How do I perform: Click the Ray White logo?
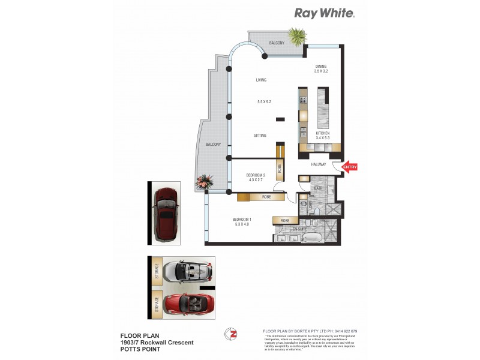(324, 13)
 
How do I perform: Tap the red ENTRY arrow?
(349, 169)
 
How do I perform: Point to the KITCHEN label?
(323, 133)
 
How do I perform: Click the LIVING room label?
(261, 80)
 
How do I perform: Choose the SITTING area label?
(260, 136)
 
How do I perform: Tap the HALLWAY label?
(318, 164)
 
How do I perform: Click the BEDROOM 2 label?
(256, 175)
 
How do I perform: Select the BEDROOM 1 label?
(242, 220)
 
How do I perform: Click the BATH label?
(319, 188)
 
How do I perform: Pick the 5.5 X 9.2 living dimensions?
(265, 102)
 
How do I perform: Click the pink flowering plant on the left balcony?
(205, 180)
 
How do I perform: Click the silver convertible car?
(188, 271)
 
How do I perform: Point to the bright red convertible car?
(188, 304)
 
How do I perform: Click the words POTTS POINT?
(140, 349)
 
